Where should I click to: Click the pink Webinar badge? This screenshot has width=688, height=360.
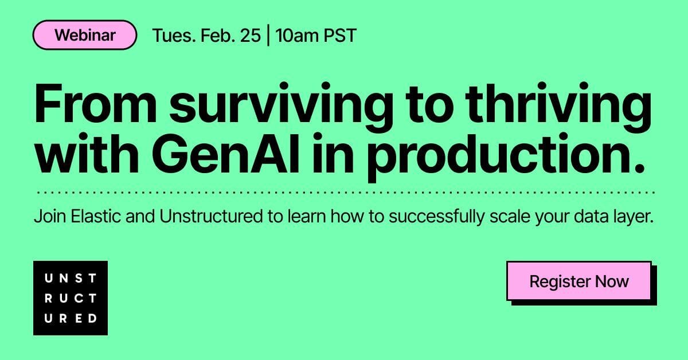click(x=85, y=35)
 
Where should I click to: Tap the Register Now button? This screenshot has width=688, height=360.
click(x=579, y=281)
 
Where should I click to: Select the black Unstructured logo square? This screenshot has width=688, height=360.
click(x=71, y=298)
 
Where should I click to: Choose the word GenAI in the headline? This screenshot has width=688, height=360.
click(x=225, y=153)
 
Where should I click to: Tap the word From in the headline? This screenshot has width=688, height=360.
click(x=96, y=104)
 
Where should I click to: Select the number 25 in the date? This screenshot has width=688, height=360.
click(x=251, y=36)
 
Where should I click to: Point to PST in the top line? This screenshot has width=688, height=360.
click(x=336, y=36)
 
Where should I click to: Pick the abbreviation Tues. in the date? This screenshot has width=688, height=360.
click(x=174, y=36)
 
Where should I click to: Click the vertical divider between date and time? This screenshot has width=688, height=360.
click(x=268, y=35)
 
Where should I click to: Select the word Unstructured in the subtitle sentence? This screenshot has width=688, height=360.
click(x=211, y=216)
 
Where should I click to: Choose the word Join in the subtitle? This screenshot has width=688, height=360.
click(x=50, y=216)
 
